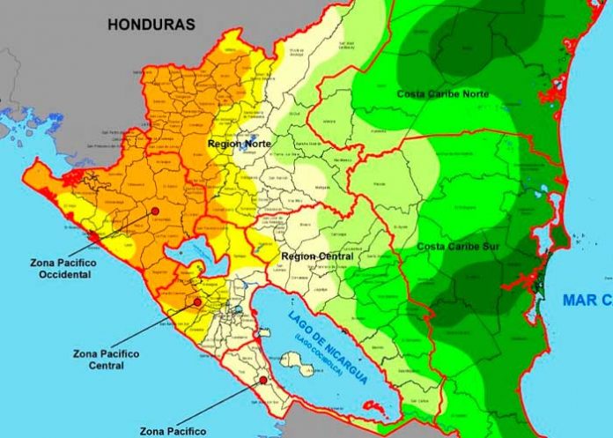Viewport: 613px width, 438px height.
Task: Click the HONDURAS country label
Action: point(151,25)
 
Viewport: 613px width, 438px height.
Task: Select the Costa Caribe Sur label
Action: point(458,246)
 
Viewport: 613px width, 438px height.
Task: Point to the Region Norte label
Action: point(240,143)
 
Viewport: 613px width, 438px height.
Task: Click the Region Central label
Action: point(314,256)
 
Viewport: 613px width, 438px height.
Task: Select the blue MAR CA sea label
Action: point(587,301)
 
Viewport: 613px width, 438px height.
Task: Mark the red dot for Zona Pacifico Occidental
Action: point(155,212)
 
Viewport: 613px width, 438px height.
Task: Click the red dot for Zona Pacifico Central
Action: point(197,301)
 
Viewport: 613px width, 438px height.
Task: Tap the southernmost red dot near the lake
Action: point(263,380)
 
